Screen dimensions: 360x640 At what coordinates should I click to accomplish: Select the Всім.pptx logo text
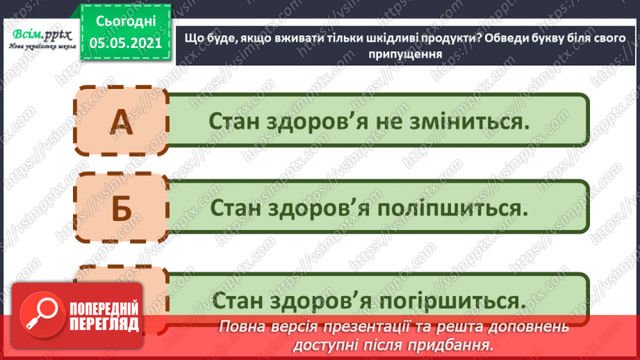(39, 33)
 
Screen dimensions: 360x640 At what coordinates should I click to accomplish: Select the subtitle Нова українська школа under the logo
(39, 47)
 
